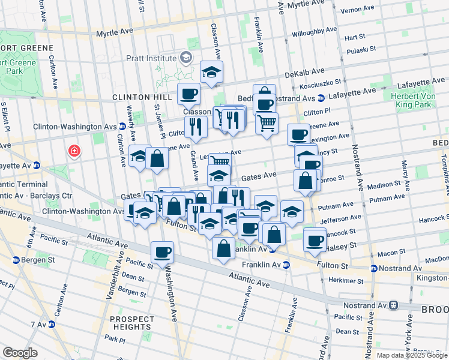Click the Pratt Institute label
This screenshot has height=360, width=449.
[x=150, y=58]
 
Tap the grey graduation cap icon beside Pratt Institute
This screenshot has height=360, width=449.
[x=186, y=58]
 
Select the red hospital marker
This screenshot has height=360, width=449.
[x=74, y=151]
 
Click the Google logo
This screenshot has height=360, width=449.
[x=20, y=352]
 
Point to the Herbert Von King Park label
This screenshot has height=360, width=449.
[x=418, y=100]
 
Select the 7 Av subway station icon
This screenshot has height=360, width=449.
[x=51, y=325]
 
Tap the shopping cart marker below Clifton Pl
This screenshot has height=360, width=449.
[x=267, y=123]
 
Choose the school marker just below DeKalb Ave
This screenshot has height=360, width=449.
[x=211, y=72]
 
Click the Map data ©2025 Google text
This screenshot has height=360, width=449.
[x=412, y=355]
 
